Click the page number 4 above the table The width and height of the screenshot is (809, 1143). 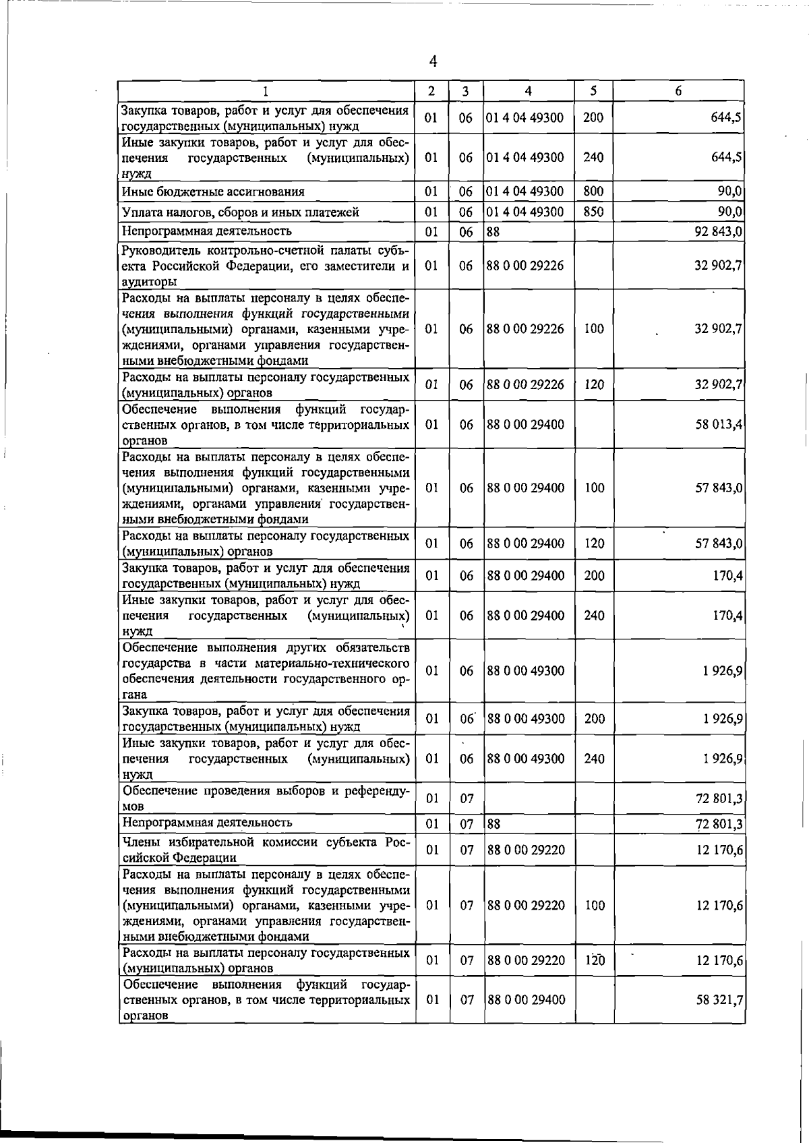tap(433, 61)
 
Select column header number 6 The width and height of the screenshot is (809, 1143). tap(678, 91)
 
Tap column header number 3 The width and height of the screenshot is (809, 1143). tap(466, 91)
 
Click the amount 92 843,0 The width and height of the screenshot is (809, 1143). tap(719, 231)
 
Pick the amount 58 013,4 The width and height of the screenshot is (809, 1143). tap(719, 425)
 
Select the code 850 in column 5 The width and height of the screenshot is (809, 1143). tap(593, 212)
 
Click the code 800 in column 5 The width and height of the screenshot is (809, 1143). tap(593, 192)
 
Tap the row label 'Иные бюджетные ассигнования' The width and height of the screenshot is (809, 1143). tap(213, 192)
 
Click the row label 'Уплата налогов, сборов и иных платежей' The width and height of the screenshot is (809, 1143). tap(240, 212)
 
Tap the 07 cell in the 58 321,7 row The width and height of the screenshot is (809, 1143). tap(467, 1000)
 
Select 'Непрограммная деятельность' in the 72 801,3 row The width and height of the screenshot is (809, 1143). tap(207, 823)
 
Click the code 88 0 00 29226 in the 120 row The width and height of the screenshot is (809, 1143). tap(525, 385)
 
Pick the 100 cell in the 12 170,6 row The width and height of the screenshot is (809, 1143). tap(594, 906)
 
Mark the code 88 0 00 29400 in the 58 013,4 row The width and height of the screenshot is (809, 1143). tap(525, 425)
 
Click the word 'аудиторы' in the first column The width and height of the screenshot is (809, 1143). tap(149, 282)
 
